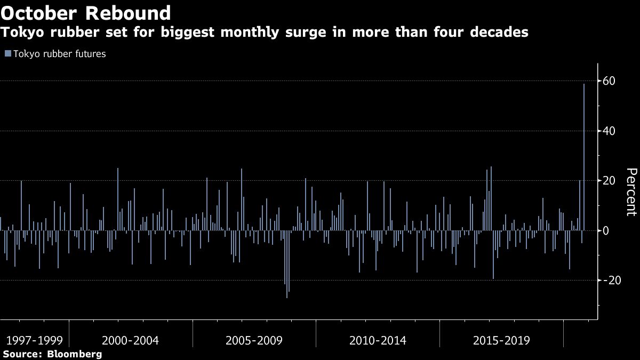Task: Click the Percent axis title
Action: pos(631,192)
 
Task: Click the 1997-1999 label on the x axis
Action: pos(35,340)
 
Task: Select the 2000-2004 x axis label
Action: pos(130,340)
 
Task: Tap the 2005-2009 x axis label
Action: pos(254,340)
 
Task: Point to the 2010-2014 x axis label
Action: pos(378,340)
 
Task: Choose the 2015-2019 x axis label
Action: pos(501,340)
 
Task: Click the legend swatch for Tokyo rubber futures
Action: pos(7,54)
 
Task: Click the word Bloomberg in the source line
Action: pos(75,354)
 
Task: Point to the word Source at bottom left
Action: pos(21,354)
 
